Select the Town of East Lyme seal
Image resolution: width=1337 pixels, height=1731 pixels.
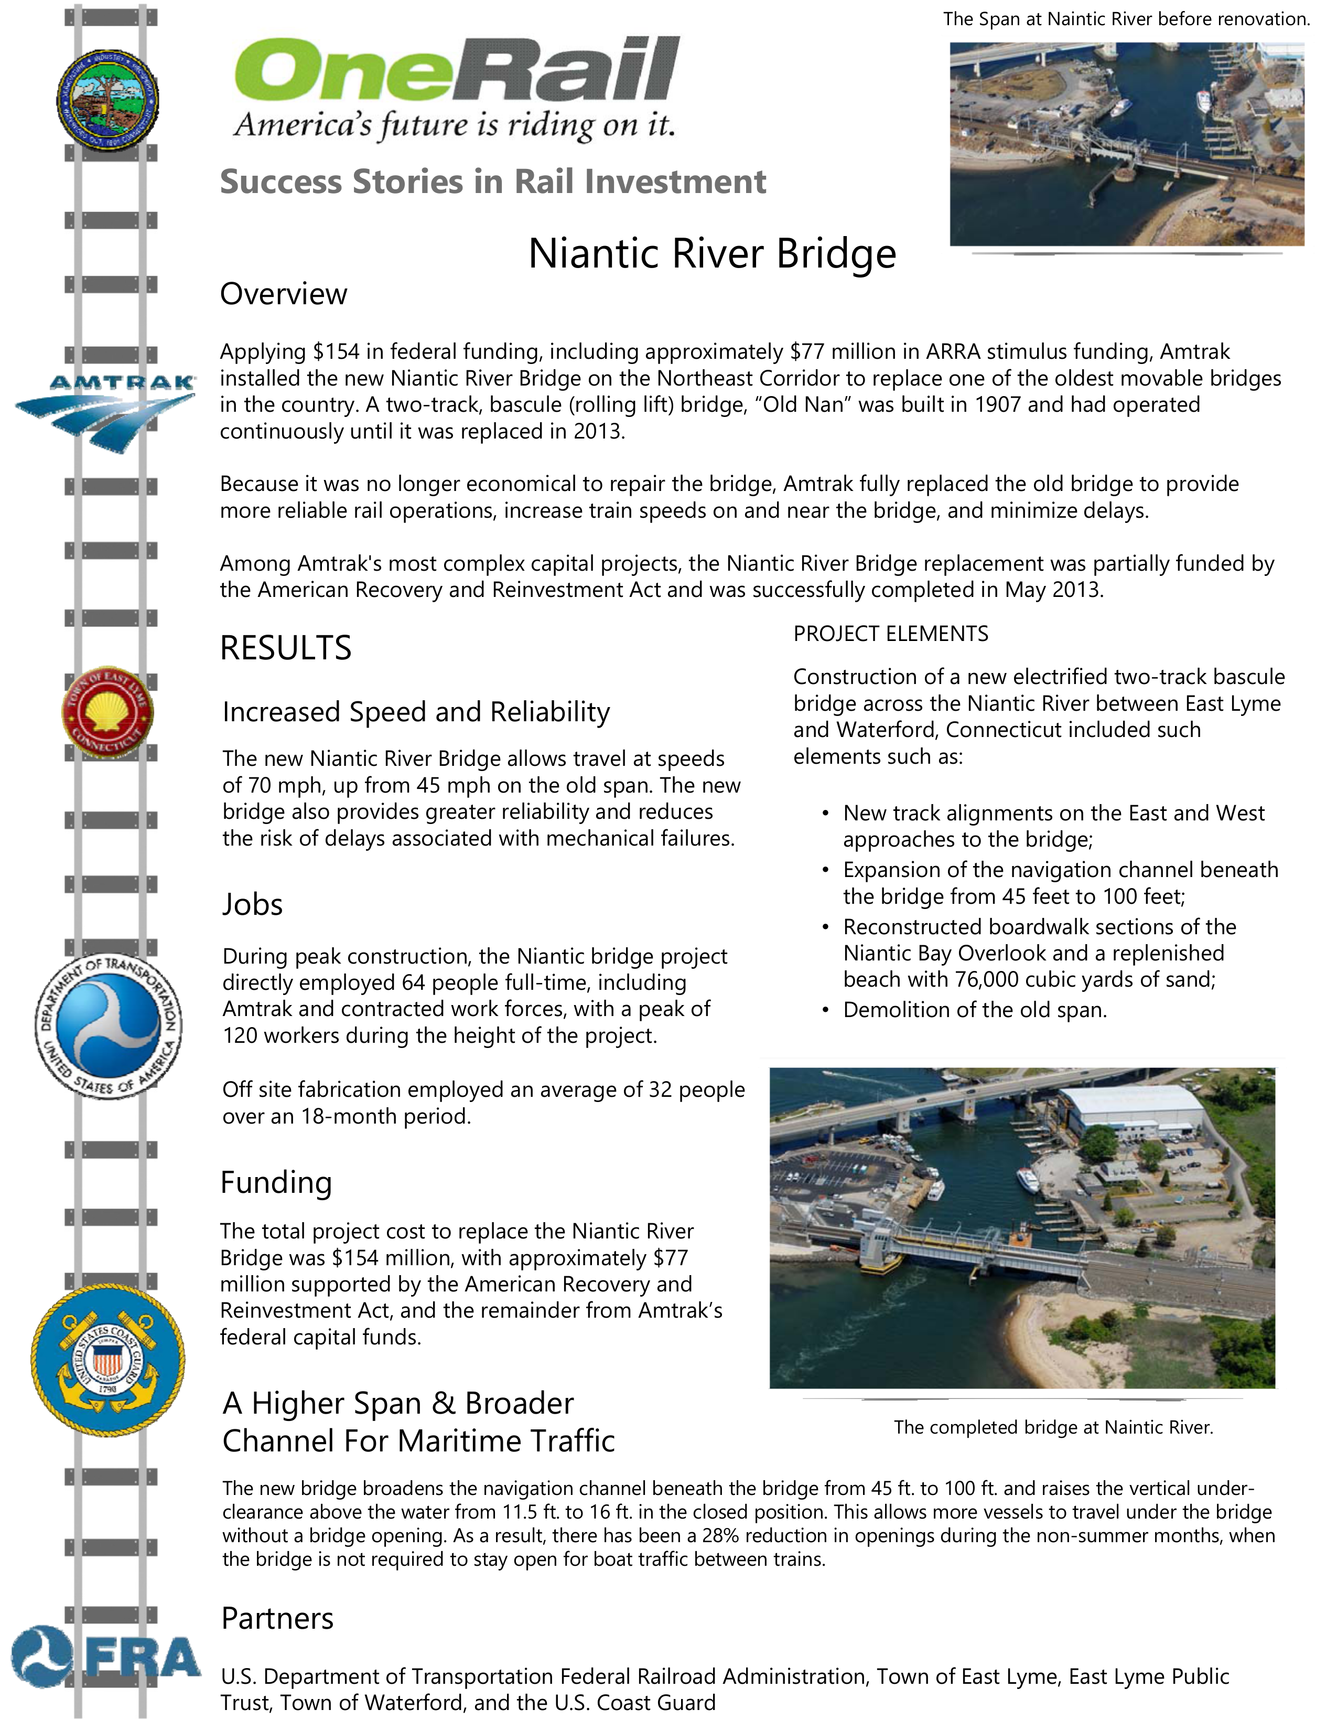click(x=107, y=712)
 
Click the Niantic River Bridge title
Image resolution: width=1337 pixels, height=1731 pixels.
click(x=711, y=254)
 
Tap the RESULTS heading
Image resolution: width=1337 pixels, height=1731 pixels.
click(x=285, y=647)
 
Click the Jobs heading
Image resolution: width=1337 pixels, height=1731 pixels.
click(x=252, y=904)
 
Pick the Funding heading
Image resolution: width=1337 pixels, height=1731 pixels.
click(x=276, y=1182)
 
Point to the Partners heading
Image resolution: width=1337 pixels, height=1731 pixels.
click(x=277, y=1618)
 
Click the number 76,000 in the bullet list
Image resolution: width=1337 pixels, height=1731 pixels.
click(x=989, y=980)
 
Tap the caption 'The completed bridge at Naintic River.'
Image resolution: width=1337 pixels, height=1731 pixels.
click(x=1053, y=1427)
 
